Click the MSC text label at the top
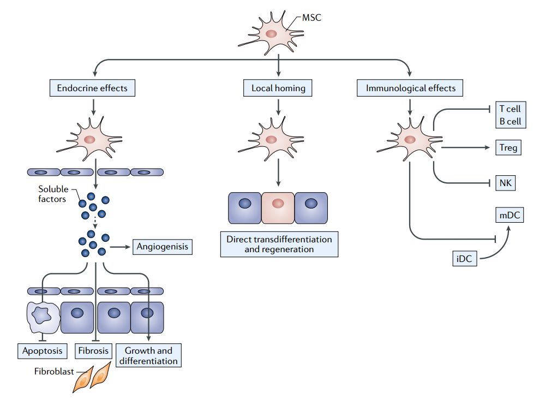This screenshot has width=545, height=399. (312, 17)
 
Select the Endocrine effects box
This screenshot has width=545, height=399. (92, 87)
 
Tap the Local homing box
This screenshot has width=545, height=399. (278, 87)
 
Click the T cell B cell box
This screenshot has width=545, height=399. (510, 115)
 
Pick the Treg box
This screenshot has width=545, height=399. (508, 147)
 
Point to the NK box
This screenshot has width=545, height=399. (505, 183)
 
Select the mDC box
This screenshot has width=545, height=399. (509, 215)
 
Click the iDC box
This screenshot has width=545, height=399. (464, 258)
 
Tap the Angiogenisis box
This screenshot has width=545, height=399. (163, 247)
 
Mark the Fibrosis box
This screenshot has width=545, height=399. (93, 350)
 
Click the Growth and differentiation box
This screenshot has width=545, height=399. (148, 355)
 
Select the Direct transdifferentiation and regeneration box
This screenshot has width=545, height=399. (279, 244)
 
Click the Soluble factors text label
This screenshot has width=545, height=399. (53, 194)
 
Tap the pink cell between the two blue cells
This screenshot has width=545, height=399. (278, 207)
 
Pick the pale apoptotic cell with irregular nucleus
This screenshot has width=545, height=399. (43, 317)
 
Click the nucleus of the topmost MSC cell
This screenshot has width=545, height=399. (272, 34)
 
